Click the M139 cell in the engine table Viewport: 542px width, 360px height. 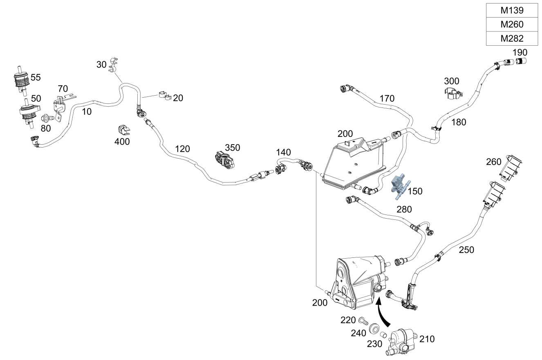pos(512,10)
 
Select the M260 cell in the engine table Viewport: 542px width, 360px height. pos(512,25)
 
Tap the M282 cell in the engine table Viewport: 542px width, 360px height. pos(512,38)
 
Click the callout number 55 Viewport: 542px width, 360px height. pos(36,77)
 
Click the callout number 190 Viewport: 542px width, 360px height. pos(520,52)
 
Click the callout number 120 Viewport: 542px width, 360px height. pos(182,149)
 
